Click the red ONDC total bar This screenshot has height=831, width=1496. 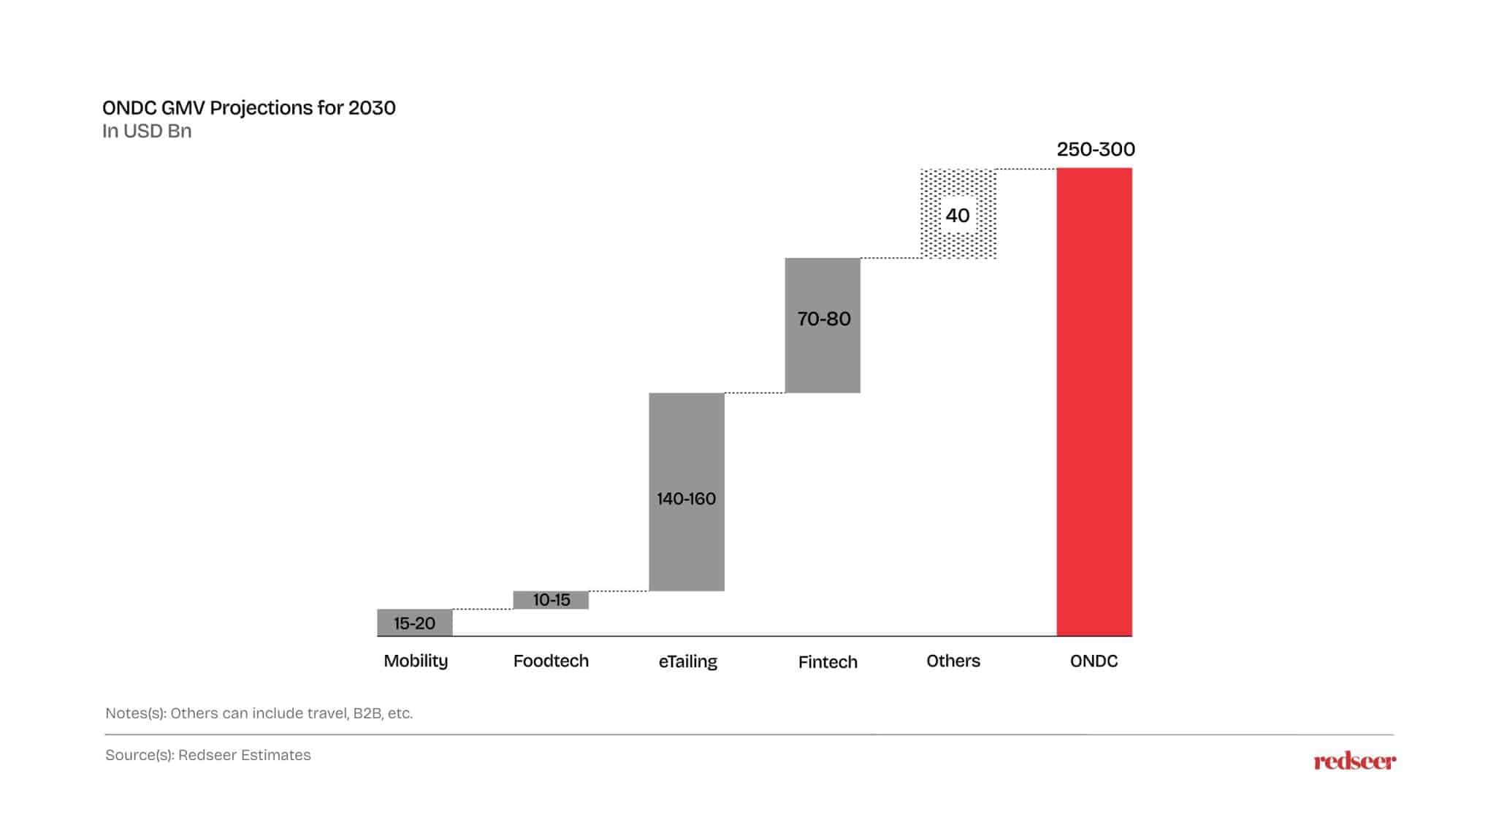[1094, 402]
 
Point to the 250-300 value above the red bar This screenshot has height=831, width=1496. [1095, 149]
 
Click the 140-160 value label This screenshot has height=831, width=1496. [686, 498]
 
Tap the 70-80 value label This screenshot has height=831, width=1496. [823, 319]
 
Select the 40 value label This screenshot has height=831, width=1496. [957, 215]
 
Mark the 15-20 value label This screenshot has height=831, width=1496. [414, 623]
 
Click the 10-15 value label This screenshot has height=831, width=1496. [551, 600]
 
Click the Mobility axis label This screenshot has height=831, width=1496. [416, 661]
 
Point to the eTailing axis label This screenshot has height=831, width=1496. [687, 661]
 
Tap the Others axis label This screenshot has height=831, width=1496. [953, 661]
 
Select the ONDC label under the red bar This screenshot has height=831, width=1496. [1094, 661]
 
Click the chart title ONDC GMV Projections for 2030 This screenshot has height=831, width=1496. [248, 108]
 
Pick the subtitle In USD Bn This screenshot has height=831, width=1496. [147, 132]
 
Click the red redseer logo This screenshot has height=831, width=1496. [1354, 762]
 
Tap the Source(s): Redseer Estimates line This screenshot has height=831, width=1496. [208, 755]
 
